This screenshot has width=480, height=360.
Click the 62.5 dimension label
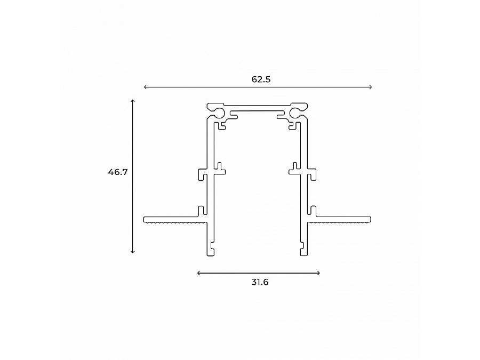click(x=261, y=79)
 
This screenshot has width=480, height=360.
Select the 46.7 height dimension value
click(x=117, y=172)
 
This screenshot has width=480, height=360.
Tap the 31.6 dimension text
click(x=259, y=282)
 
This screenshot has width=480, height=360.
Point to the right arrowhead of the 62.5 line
click(x=371, y=87)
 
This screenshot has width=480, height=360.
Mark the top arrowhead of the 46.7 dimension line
click(x=133, y=100)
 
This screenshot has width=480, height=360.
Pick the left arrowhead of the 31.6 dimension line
click(x=199, y=273)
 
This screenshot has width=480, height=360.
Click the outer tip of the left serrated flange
click(x=145, y=220)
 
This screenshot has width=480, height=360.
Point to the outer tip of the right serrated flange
click(x=370, y=220)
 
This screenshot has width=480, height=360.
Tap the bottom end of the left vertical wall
click(x=212, y=254)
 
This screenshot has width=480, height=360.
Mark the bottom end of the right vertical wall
click(x=303, y=254)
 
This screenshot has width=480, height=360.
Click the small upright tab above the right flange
click(x=314, y=210)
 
